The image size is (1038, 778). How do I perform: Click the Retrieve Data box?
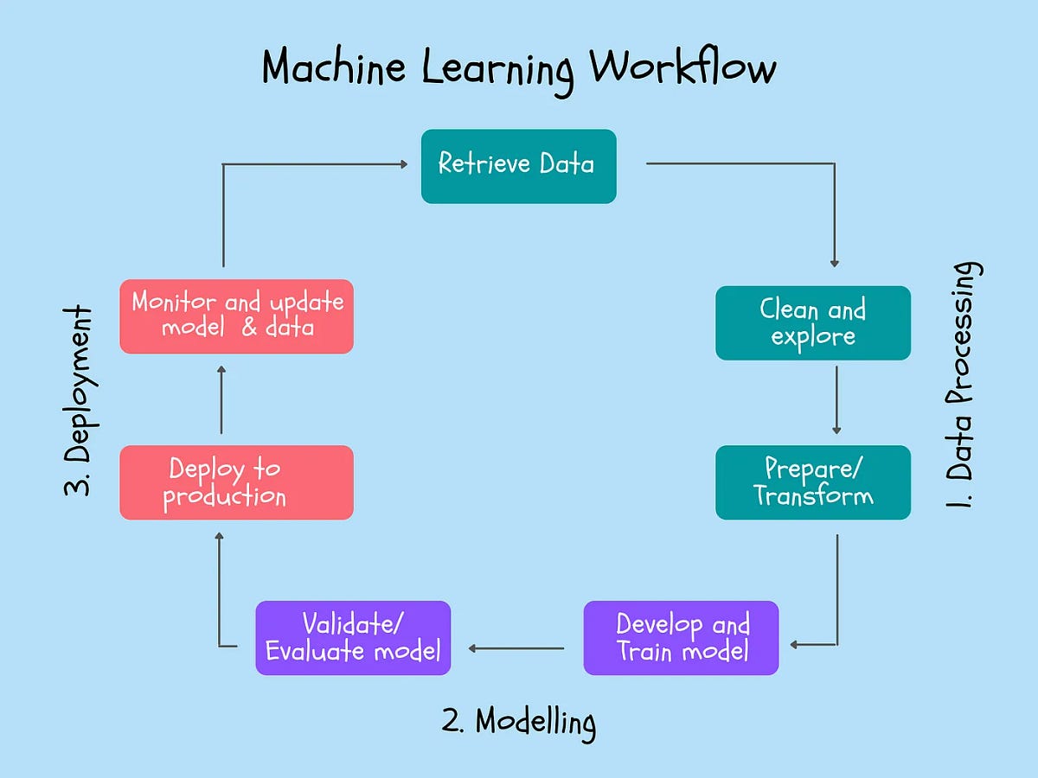(x=518, y=166)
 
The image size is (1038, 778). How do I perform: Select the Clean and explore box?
(x=812, y=322)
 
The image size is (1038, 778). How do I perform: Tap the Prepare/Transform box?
(x=812, y=482)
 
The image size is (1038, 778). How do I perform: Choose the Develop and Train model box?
(x=681, y=637)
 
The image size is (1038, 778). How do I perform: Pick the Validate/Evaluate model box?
(x=353, y=637)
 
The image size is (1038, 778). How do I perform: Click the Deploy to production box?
(x=236, y=482)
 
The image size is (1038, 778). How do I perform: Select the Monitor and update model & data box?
(x=236, y=316)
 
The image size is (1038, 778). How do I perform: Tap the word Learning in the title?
(x=497, y=69)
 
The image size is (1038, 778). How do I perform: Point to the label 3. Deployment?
(x=79, y=400)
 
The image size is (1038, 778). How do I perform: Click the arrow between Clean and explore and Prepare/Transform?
(x=836, y=400)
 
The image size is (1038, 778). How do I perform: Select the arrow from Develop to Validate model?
(x=516, y=647)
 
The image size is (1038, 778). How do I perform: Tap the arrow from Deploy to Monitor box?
(x=222, y=400)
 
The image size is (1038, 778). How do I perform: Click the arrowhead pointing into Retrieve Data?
(x=403, y=163)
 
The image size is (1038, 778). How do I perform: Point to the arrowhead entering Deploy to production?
(x=221, y=538)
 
